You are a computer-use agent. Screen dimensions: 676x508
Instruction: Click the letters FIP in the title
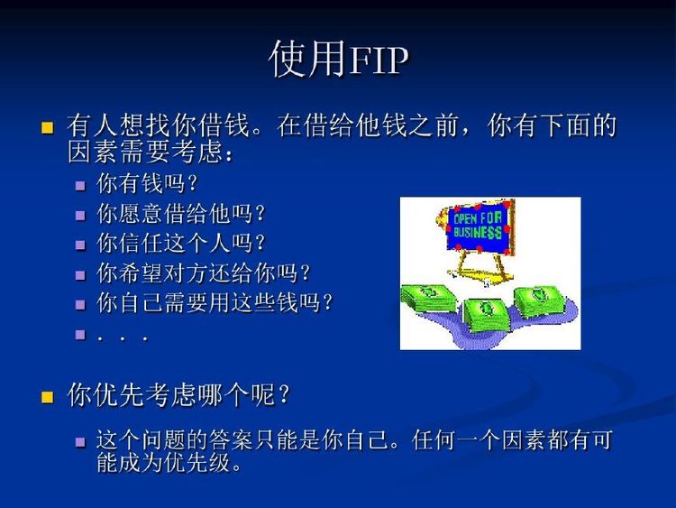click(379, 60)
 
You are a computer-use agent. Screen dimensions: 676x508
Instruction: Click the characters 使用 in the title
click(308, 59)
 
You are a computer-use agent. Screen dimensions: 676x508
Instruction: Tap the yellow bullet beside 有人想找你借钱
click(47, 128)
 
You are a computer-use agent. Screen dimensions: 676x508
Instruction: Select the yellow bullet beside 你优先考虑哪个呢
click(47, 397)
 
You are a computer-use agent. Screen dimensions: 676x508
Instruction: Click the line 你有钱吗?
click(147, 183)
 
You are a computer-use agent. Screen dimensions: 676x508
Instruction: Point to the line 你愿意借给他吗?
click(180, 213)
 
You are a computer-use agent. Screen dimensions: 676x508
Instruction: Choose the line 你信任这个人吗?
click(180, 243)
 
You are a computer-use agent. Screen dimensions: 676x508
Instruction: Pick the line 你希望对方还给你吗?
click(204, 272)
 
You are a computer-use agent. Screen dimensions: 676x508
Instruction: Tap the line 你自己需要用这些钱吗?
click(215, 302)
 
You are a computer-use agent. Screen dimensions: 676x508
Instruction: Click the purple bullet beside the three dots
click(80, 334)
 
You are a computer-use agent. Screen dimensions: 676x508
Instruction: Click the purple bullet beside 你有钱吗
click(80, 186)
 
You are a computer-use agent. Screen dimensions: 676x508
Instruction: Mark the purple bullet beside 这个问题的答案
click(80, 442)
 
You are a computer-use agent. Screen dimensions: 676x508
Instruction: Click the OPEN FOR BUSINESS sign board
click(477, 226)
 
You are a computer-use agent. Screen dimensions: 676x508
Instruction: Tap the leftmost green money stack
click(427, 298)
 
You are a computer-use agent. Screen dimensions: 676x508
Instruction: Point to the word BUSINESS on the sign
click(478, 233)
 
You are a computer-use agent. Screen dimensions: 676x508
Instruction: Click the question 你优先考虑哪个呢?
click(178, 394)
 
